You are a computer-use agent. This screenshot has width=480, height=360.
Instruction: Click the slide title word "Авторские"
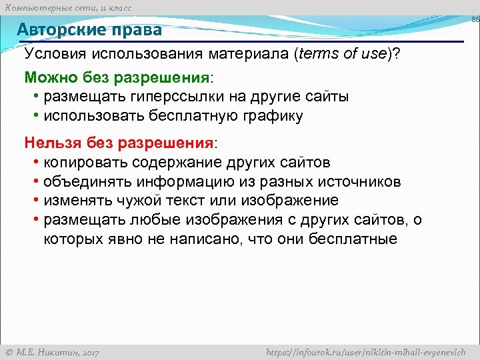point(59,30)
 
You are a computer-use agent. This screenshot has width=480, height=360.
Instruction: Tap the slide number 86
point(475,20)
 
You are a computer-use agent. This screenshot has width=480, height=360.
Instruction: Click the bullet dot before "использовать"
point(35,116)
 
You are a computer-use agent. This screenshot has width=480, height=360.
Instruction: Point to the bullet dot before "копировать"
point(35,163)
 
